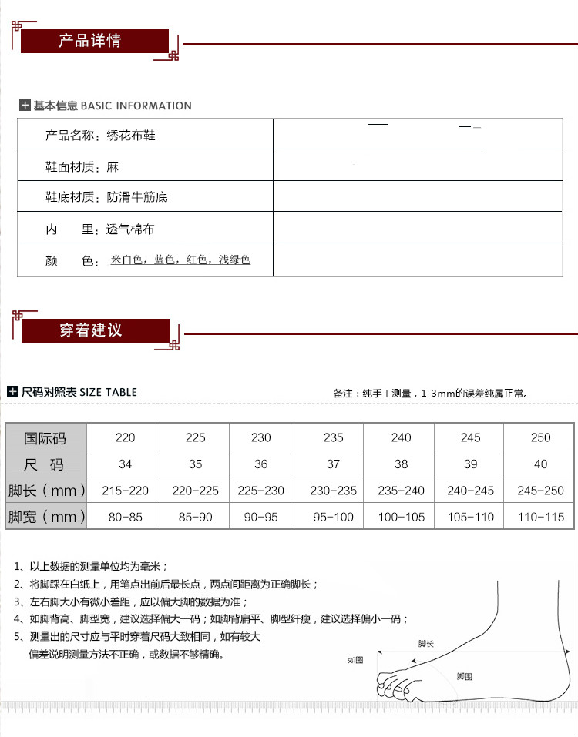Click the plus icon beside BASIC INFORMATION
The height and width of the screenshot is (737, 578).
(x=25, y=106)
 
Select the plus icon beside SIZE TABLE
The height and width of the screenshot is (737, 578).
(x=12, y=392)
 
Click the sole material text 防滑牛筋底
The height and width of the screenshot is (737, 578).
(x=136, y=197)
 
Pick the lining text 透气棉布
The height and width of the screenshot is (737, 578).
(x=130, y=229)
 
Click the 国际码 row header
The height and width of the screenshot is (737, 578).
(x=45, y=437)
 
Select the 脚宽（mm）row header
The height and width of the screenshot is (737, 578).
(x=46, y=517)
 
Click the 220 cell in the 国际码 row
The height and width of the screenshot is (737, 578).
(x=125, y=437)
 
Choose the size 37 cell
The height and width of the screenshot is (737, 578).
(x=333, y=464)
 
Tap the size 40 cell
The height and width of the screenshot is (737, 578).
(x=540, y=464)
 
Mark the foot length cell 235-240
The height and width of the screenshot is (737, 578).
(x=401, y=491)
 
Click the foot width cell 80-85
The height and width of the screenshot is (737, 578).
(x=125, y=517)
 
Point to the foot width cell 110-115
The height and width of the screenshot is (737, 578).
(x=540, y=517)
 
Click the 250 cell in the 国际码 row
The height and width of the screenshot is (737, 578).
(x=540, y=437)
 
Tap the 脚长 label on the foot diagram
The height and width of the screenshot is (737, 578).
(x=425, y=643)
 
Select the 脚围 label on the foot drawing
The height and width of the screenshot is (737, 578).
(x=464, y=676)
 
